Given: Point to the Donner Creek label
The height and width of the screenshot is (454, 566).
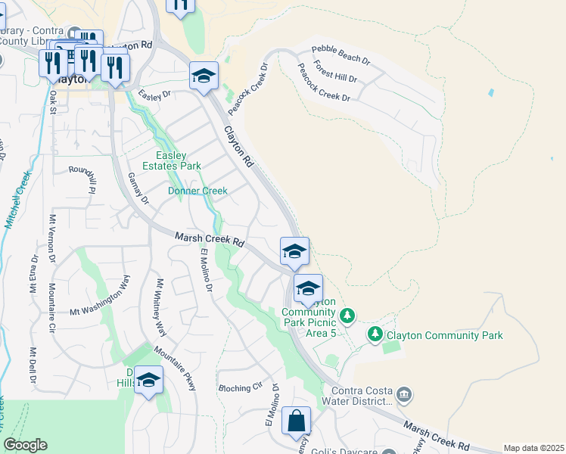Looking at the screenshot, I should pyautogui.click(x=197, y=191).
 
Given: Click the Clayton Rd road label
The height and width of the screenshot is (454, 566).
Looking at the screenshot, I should pyautogui.click(x=238, y=147).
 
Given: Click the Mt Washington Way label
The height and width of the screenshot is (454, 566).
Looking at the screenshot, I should pyautogui.click(x=100, y=294).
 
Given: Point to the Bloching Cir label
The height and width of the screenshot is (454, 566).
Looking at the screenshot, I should pyautogui.click(x=240, y=388).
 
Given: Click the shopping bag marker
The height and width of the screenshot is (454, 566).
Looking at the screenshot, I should pyautogui.click(x=297, y=421).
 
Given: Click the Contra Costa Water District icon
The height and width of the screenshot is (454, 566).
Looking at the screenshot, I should pyautogui.click(x=404, y=394).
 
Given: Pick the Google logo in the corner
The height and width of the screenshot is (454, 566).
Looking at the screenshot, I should pyautogui.click(x=25, y=445).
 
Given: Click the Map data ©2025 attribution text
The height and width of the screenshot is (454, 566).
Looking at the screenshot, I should pyautogui.click(x=533, y=448).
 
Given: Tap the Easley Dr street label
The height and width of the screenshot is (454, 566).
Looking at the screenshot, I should pyautogui.click(x=154, y=95).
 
